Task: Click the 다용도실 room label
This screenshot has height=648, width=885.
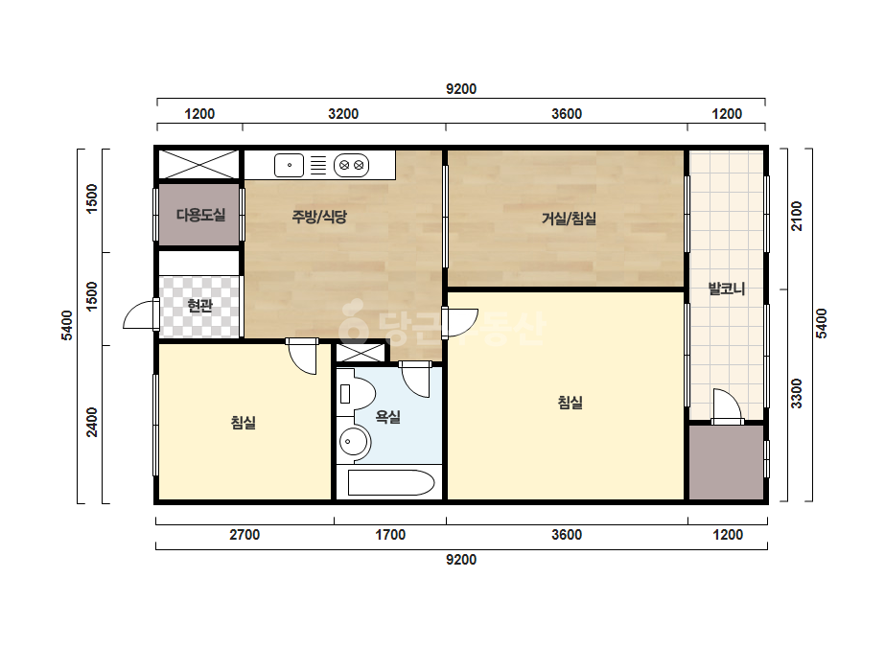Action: [201, 215]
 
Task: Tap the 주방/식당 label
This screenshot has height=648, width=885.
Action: [319, 217]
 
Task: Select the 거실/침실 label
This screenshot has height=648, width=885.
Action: [569, 219]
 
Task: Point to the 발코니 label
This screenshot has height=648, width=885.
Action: [727, 289]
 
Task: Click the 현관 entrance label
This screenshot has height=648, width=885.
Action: [199, 306]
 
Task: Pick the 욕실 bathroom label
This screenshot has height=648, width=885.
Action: [388, 417]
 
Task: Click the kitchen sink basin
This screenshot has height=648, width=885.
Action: [289, 166]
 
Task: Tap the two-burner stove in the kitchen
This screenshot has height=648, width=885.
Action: [351, 166]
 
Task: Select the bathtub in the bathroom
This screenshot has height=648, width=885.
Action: [391, 482]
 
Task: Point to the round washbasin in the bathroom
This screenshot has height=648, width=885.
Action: [353, 441]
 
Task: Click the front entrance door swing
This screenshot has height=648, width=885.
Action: [141, 314]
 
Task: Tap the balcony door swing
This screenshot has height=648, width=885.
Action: [727, 405]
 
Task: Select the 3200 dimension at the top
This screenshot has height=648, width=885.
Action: [343, 114]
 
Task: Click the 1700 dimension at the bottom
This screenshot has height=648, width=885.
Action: [390, 535]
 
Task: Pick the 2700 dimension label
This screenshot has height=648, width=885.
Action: [245, 535]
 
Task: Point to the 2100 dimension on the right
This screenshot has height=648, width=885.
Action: [796, 217]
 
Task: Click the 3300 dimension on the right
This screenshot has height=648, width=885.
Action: [796, 393]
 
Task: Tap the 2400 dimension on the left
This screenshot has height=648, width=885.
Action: [92, 422]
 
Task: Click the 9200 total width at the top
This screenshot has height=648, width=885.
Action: [461, 89]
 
